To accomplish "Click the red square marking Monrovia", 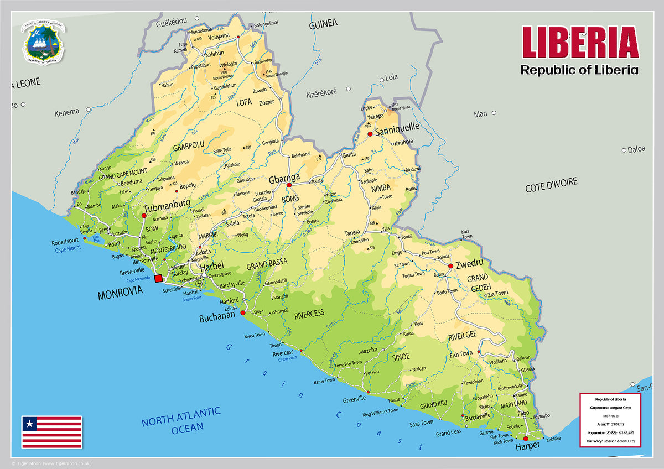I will coord(158,278).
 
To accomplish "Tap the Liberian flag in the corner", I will coord(51,432).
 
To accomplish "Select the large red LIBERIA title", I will coord(580,43).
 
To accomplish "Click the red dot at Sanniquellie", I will coord(370,134).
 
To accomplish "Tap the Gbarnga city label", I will coord(284,178).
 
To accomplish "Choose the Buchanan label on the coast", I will coord(217,319).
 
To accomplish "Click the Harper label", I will coord(527,446).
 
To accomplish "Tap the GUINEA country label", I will coord(323,24).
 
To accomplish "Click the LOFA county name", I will coord(244,102).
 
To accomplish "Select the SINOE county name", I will coord(401,357).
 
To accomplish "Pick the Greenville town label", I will coord(354,399).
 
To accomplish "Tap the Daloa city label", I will coord(637,149).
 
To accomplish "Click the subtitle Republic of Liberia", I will coord(579,70).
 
